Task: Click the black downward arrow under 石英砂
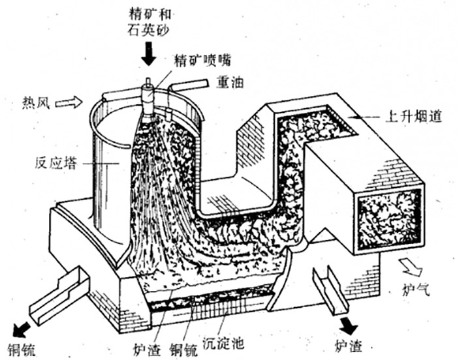149,56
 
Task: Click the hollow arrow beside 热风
69,102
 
